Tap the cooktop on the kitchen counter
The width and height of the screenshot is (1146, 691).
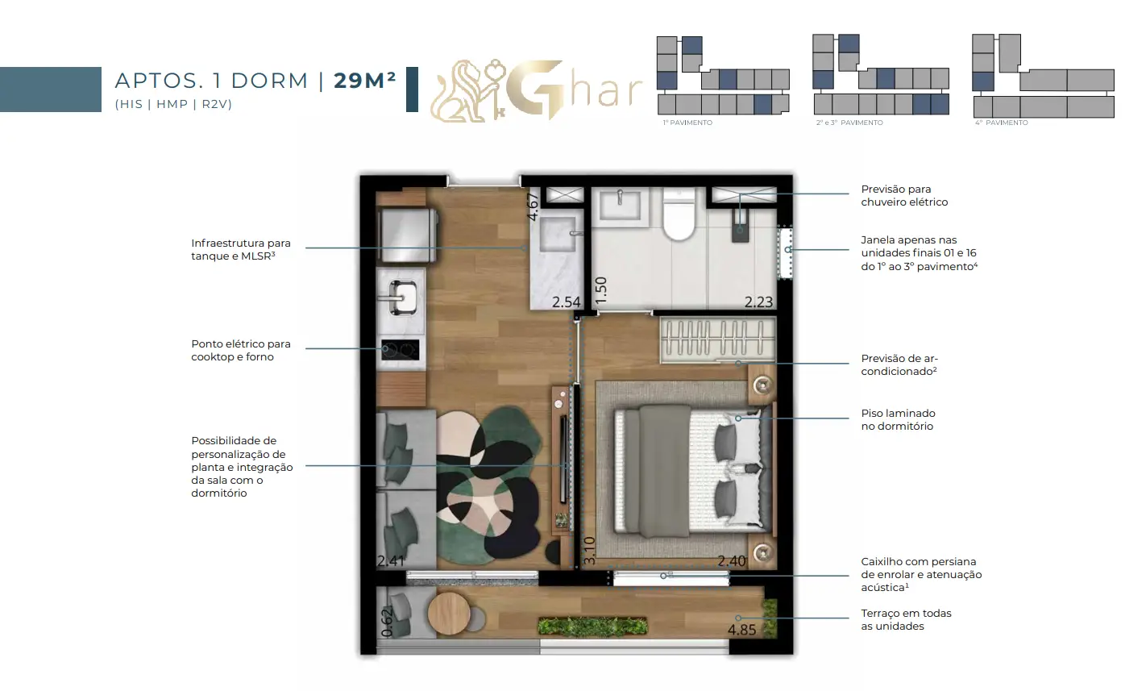400,350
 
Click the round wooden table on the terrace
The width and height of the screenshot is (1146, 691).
449,614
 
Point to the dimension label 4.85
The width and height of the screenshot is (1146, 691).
741,630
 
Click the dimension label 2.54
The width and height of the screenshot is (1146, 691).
566,302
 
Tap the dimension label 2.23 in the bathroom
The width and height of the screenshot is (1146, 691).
758,302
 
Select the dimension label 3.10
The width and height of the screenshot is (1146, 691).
589,550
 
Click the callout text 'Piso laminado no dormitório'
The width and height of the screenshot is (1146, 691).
898,420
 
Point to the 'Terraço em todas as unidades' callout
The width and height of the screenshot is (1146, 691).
906,619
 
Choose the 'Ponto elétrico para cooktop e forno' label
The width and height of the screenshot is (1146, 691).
241,350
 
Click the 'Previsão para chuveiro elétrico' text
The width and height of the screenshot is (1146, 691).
904,195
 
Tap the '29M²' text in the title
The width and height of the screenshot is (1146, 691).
365,81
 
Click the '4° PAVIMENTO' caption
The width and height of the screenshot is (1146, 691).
1001,123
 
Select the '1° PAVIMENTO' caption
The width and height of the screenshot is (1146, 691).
687,123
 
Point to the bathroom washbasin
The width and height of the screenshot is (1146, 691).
620,206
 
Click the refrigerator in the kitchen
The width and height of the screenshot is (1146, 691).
408,235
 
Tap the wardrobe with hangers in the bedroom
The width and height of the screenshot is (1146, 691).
718,339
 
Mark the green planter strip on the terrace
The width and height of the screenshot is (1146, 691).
592,626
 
